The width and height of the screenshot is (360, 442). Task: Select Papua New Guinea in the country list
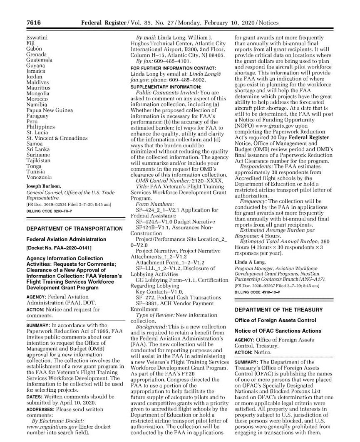[x=49, y=110]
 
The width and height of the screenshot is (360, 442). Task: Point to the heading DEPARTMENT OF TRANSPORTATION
[x=74, y=229]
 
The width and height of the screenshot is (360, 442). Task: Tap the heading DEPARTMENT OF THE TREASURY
[x=278, y=310]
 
